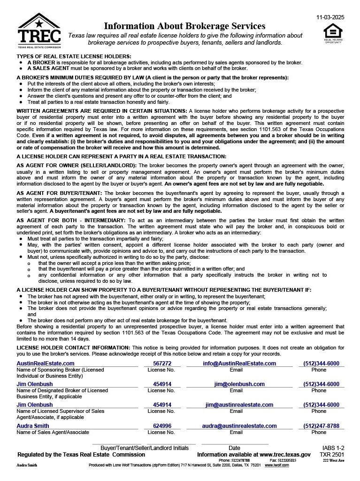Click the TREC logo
(39, 31)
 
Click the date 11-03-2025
(330, 17)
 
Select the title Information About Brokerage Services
(184, 26)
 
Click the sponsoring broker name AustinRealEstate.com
(46, 363)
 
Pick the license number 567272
(162, 363)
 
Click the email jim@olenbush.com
(239, 384)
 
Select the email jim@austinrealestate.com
(239, 404)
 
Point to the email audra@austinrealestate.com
(239, 426)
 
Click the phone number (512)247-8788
(321, 426)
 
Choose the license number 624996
(162, 426)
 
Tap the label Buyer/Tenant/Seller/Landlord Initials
(145, 448)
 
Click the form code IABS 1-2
(333, 448)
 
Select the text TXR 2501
(332, 455)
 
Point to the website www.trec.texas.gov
(285, 455)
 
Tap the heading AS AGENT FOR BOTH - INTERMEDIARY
(71, 220)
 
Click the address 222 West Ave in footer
(333, 460)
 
